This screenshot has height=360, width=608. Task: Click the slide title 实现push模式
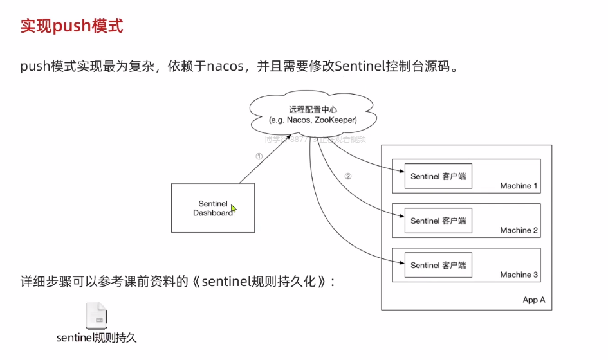click(x=71, y=27)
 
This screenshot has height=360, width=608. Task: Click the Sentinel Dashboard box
click(x=213, y=207)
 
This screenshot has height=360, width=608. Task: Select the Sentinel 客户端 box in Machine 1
click(x=438, y=176)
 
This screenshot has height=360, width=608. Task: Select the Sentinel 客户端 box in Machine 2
click(x=438, y=221)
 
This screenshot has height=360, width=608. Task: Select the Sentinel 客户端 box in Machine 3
click(x=438, y=265)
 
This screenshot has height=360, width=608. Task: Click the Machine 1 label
click(x=519, y=186)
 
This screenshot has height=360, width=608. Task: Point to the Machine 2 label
click(x=519, y=230)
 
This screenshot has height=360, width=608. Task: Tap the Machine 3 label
click(x=519, y=274)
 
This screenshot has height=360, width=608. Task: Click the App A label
click(x=533, y=300)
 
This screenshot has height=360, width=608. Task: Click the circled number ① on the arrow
click(x=259, y=156)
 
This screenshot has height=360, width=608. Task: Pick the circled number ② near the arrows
click(x=348, y=175)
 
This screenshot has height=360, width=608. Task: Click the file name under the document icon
click(x=97, y=337)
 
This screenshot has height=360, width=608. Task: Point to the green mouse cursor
click(x=234, y=208)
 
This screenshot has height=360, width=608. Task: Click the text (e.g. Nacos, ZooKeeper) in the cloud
click(x=313, y=120)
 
